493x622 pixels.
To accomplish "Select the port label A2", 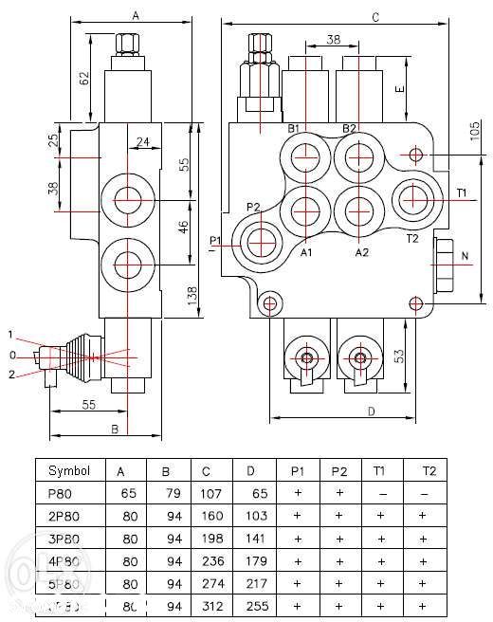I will [x=361, y=253].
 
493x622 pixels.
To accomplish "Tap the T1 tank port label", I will [x=462, y=192].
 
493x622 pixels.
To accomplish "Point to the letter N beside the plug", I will [x=464, y=257].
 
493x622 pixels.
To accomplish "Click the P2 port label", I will [x=253, y=207].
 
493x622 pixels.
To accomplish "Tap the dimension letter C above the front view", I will [x=375, y=17].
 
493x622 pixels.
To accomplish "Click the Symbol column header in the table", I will [x=69, y=470].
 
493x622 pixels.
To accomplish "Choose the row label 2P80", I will [x=64, y=516].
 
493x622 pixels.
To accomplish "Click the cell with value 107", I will [x=211, y=493].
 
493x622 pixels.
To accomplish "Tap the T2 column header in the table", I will [x=428, y=470].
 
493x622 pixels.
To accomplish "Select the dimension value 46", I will [x=186, y=228].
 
